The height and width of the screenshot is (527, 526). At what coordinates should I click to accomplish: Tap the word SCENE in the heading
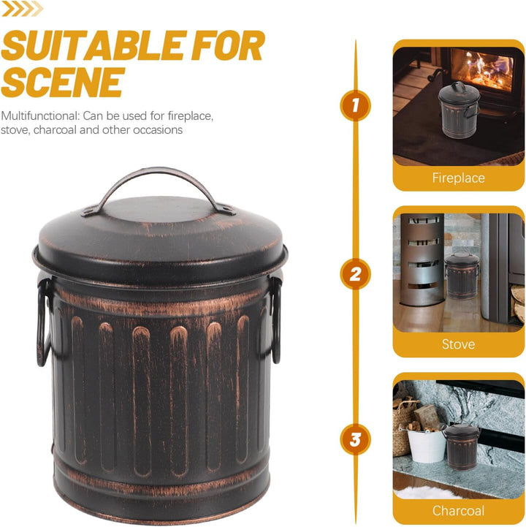63,82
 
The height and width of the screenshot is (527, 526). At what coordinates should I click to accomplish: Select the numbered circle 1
355,105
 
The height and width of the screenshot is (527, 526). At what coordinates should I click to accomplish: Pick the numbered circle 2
355,274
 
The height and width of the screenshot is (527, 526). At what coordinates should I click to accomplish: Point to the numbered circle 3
355,439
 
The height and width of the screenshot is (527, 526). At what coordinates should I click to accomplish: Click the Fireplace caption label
459,178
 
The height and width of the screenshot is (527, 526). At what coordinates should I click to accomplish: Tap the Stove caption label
459,344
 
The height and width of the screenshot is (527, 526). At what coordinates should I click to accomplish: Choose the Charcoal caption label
459,510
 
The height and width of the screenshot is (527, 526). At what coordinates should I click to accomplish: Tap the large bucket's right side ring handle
276,321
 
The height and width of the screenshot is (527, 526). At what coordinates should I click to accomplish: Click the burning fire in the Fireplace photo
481,70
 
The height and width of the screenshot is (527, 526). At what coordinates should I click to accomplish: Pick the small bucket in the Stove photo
462,276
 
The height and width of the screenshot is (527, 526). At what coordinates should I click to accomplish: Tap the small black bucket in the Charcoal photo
462,447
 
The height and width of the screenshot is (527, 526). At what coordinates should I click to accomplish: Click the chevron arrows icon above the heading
23,8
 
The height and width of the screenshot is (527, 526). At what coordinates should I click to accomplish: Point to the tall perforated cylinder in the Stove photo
422,259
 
